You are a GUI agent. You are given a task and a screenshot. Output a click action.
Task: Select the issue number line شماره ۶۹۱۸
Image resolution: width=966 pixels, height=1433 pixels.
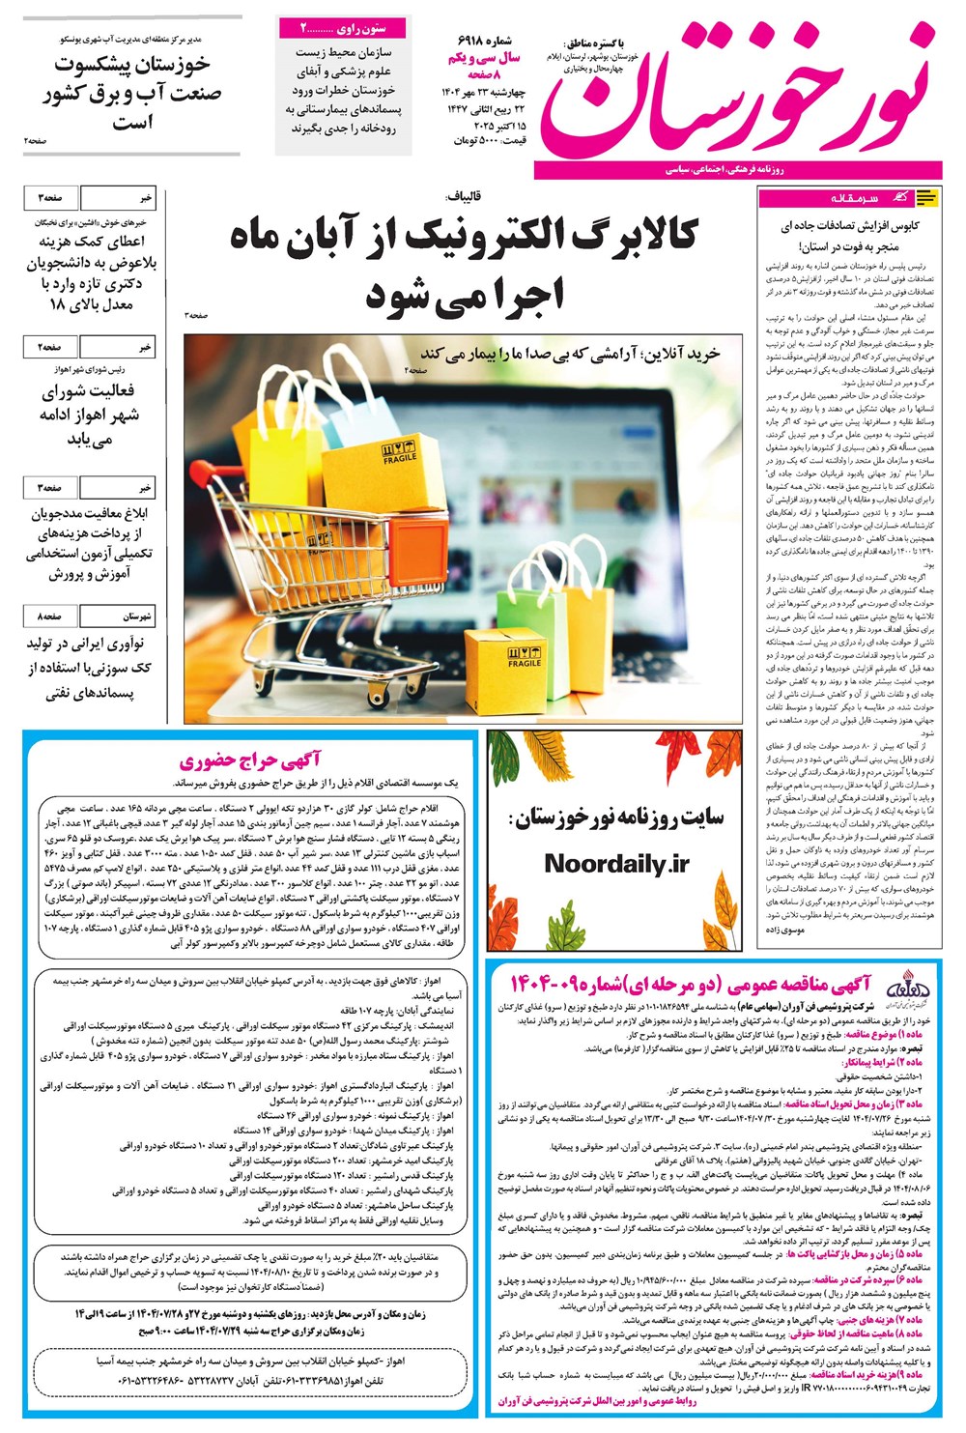coord(489,41)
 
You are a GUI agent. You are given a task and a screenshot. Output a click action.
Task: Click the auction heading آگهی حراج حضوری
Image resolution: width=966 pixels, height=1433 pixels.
coord(249,760)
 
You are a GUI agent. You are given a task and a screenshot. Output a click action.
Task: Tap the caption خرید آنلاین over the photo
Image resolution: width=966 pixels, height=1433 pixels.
coord(570,354)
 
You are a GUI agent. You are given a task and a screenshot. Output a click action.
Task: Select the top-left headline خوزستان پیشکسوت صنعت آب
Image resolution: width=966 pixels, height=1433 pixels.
coord(131,93)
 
